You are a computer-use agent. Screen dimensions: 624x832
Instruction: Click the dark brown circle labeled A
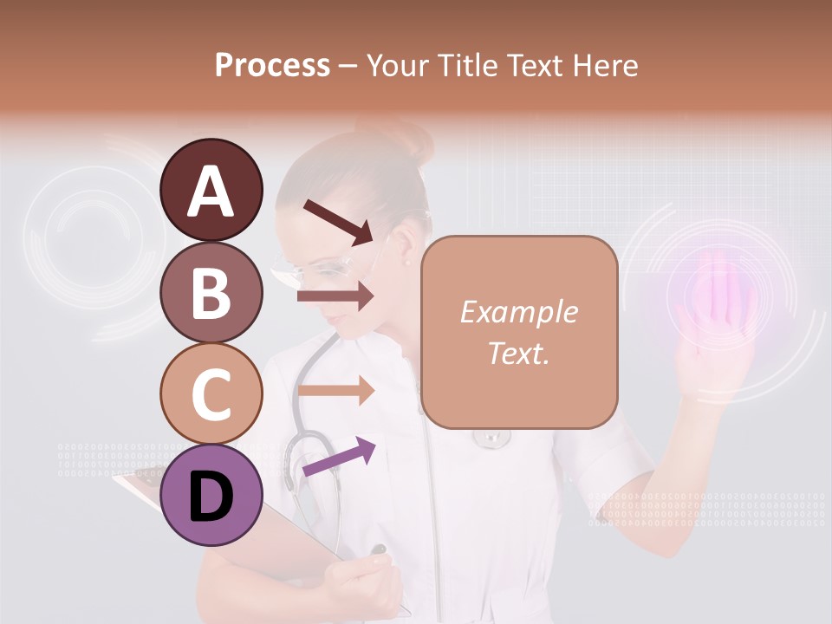(x=211, y=190)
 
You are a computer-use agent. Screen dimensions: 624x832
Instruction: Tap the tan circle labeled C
(x=211, y=393)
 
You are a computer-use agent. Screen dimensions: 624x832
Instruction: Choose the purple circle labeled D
(x=211, y=495)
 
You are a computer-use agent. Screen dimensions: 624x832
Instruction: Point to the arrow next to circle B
(x=335, y=296)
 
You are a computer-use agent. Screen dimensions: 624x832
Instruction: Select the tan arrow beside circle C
(x=335, y=391)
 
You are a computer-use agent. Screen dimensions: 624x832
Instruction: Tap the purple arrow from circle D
(x=339, y=457)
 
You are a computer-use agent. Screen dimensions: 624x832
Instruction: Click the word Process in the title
(x=272, y=65)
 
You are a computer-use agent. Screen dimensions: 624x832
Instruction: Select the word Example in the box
(x=518, y=312)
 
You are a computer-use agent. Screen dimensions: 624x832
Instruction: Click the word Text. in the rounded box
(x=518, y=353)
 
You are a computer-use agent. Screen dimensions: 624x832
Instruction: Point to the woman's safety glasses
(x=312, y=268)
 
